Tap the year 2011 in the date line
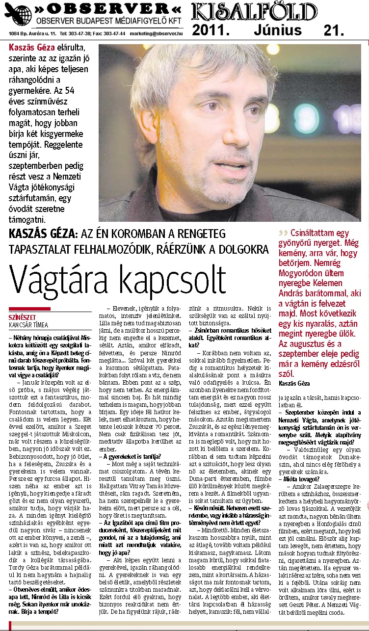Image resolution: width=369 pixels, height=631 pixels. pos(211,30)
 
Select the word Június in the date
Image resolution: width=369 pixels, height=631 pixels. pos(278,30)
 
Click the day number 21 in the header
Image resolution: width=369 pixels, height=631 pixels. pos(334,30)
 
